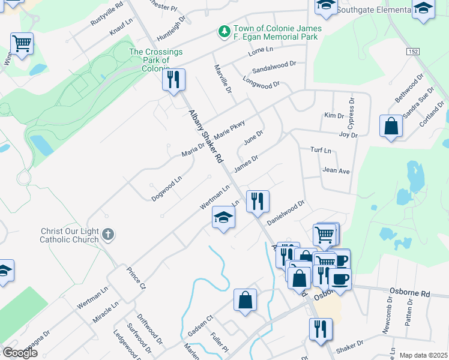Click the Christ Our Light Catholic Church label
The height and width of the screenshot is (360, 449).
pos(69,235)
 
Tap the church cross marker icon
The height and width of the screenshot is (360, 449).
pos(107,234)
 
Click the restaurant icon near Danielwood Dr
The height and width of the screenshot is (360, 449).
pos(258,201)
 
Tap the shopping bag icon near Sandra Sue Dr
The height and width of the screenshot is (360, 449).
pos(391,126)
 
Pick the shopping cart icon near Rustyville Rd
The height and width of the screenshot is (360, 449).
pos(22,43)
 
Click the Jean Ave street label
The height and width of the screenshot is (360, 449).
pos(336,170)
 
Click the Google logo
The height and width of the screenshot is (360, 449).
pos(20,353)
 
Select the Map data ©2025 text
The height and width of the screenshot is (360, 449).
pos(423,355)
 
